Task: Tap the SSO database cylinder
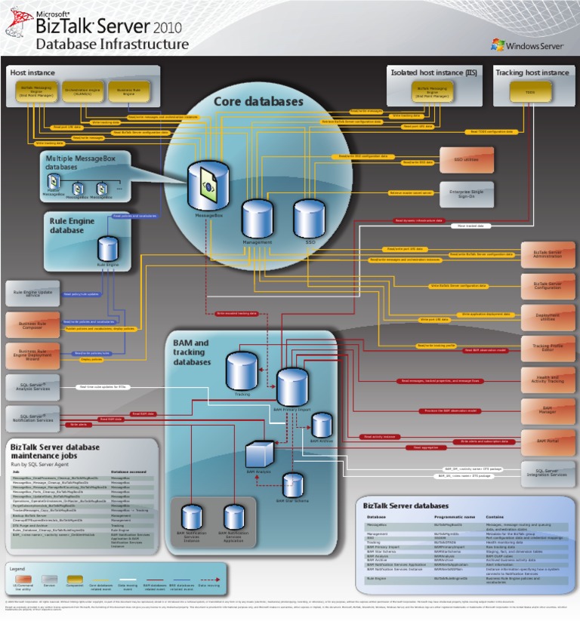click(x=310, y=217)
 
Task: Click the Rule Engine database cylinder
click(x=108, y=249)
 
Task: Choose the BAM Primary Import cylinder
click(x=292, y=386)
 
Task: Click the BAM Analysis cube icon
click(x=259, y=453)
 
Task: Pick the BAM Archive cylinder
click(x=322, y=425)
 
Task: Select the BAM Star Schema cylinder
click(x=294, y=484)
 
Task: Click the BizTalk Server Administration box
click(x=548, y=255)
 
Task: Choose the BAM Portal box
click(x=548, y=441)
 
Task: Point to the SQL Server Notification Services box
click(x=32, y=417)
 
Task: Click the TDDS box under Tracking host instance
click(x=532, y=91)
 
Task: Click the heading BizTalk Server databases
click(x=406, y=505)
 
